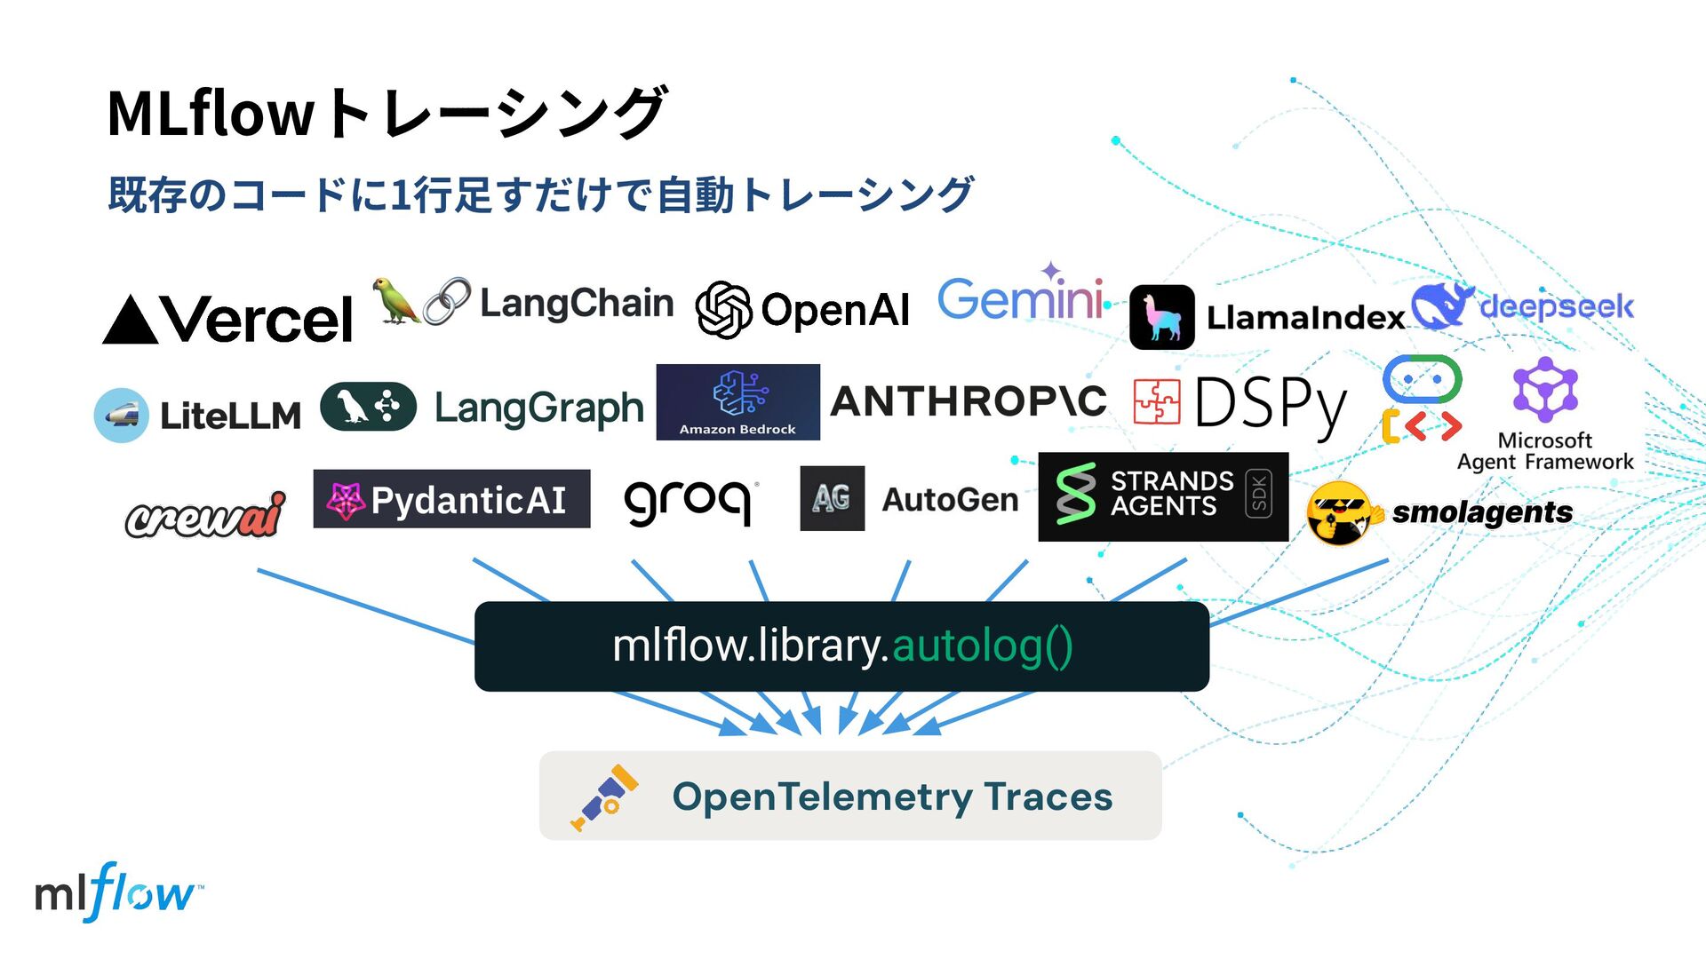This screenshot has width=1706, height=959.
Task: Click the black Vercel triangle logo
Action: coord(131,321)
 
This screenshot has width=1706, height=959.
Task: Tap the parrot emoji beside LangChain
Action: coord(395,300)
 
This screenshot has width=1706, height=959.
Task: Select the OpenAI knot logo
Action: coord(723,310)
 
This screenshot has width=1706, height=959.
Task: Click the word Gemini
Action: coord(1020,299)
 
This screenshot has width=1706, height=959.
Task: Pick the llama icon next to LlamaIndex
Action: coord(1161,317)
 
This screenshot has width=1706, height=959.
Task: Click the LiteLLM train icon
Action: coord(121,415)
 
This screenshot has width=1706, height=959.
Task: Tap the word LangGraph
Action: coord(538,408)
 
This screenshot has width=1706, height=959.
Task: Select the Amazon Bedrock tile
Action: coord(737,401)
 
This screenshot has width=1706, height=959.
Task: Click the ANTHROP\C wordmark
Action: coord(969,401)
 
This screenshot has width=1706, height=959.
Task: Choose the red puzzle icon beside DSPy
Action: coord(1157,401)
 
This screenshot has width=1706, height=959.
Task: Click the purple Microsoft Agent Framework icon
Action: coord(1545,390)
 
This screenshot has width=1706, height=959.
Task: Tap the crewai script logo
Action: coord(205,516)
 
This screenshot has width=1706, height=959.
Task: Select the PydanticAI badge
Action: coord(451,499)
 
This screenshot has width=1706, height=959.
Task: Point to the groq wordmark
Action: coord(688,502)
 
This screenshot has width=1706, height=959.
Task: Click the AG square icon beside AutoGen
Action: coord(832,498)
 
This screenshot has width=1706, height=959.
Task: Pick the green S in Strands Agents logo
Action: coord(1075,494)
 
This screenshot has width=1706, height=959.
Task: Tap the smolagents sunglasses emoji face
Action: coord(1342,512)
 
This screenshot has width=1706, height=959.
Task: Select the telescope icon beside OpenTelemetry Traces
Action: coord(605,797)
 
